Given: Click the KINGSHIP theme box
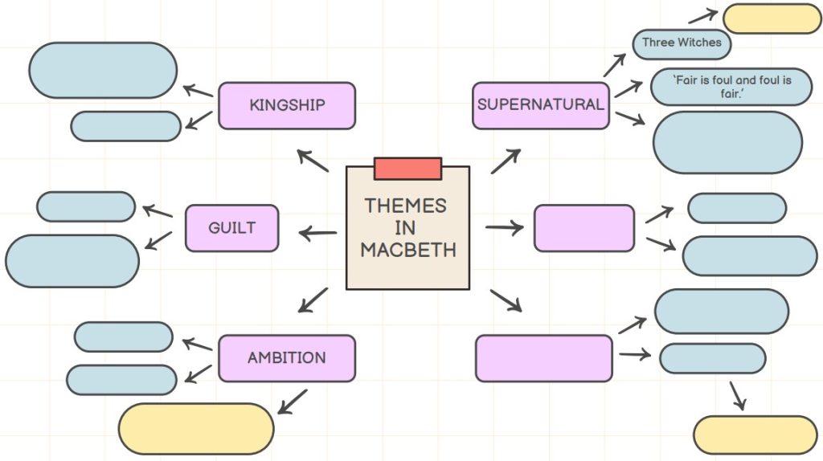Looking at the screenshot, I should tap(286, 105).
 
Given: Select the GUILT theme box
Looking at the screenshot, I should tap(231, 228).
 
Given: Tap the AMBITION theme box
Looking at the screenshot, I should tap(286, 358).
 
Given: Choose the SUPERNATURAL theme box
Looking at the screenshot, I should tap(540, 105).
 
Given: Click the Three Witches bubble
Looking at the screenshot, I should tap(682, 43).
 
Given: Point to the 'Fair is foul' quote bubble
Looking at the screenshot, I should tap(731, 87).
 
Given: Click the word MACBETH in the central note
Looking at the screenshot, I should tap(407, 250).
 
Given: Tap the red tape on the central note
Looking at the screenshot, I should tap(407, 169).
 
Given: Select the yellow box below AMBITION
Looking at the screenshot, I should tap(196, 429).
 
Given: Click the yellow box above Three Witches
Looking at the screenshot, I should tap(771, 18).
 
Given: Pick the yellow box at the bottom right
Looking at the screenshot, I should tap(755, 434).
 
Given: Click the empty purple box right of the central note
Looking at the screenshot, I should tap(584, 228).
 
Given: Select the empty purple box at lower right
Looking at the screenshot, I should tap(543, 358).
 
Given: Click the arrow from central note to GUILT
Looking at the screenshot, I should tap(318, 234).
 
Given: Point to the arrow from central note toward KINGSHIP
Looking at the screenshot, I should tap(313, 161).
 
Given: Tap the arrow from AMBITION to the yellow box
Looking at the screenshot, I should tap(293, 402).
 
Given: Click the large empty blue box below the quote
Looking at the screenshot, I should tap(727, 142).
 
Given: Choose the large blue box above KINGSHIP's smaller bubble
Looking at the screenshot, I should tap(103, 71).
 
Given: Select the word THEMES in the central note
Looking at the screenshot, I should tap(405, 205).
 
